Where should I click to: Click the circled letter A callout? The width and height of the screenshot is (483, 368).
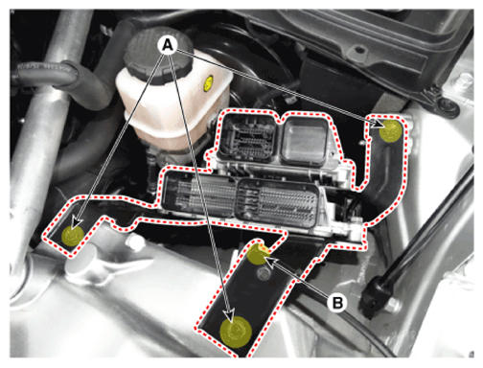168,45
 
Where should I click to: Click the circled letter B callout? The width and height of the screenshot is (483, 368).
337,302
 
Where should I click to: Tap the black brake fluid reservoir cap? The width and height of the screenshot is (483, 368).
158,55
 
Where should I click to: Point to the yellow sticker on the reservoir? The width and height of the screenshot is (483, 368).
209,83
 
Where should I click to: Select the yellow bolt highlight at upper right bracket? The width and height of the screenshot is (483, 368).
390,130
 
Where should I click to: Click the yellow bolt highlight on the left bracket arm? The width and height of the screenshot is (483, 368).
73,235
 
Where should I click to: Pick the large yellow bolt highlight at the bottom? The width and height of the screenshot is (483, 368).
236,332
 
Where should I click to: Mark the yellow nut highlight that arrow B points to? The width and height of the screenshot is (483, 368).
258,254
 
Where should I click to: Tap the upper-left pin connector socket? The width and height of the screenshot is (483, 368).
248,137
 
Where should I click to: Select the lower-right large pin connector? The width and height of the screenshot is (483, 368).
277,203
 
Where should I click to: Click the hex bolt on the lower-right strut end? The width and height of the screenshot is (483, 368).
392,306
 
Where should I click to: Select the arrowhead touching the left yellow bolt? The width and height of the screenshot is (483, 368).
77,223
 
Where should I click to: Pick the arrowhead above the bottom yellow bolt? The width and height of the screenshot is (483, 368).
229,315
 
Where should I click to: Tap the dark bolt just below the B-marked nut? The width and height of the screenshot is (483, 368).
264,273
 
